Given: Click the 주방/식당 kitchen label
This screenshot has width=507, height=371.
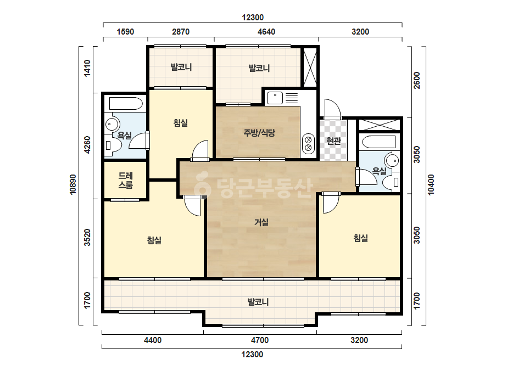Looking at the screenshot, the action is tap(259, 132).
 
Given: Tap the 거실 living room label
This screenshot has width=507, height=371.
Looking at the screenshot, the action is tap(261, 222).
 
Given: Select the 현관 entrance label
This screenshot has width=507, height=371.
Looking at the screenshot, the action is tap(333, 140).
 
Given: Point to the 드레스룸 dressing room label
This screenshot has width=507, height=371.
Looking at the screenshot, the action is tap(125, 181).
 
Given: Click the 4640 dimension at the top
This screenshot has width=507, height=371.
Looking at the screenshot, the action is tap(266, 32).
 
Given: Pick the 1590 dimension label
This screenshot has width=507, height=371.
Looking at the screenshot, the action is tap(125, 32).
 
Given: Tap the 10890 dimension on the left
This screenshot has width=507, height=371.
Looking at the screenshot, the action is tap(73, 184).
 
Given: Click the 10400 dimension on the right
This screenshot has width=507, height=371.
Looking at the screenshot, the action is tap(431, 184).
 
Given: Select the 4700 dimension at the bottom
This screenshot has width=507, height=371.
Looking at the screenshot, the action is tap(260, 340).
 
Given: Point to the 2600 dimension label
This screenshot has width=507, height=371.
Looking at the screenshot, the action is tap(417, 80).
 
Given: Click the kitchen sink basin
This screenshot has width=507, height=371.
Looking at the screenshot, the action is tap(275, 98).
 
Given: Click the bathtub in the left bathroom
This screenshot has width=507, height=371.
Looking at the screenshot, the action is tap(126, 104).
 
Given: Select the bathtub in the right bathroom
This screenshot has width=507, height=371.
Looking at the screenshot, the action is tap(379, 142).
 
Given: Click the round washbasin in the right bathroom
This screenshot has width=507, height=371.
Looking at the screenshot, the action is tap(392, 160).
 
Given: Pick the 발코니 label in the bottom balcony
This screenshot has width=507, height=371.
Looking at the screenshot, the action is tap(258, 302).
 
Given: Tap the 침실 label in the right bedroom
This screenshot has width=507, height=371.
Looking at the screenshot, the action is tap(360, 238).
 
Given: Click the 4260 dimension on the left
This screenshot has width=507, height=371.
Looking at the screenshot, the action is tap(87, 145).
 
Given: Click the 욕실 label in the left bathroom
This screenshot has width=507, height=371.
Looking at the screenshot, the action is tap(124, 135).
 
